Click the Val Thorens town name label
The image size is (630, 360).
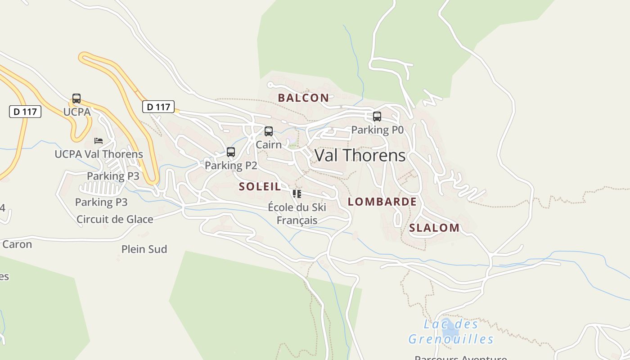(x=360, y=156)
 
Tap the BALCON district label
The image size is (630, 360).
(x=303, y=98)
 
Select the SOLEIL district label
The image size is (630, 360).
(x=260, y=186)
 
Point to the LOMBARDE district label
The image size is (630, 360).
(x=382, y=202)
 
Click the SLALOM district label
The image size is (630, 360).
(x=434, y=228)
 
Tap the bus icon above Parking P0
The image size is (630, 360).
(x=377, y=117)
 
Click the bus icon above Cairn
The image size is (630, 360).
(x=269, y=131)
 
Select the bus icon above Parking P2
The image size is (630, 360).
(x=231, y=152)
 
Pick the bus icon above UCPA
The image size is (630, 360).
(x=76, y=99)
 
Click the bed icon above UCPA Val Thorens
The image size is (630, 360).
(x=99, y=141)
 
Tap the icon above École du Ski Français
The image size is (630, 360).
(x=297, y=194)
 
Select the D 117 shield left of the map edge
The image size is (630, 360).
(x=25, y=111)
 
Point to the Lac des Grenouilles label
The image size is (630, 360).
(x=451, y=332)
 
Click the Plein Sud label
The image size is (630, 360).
(x=144, y=249)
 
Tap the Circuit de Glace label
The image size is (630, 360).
(x=115, y=220)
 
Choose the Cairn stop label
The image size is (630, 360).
(x=269, y=145)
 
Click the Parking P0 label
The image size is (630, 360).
(x=377, y=130)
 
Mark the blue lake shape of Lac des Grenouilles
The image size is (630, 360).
(x=450, y=331)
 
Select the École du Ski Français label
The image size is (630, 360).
(x=297, y=214)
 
